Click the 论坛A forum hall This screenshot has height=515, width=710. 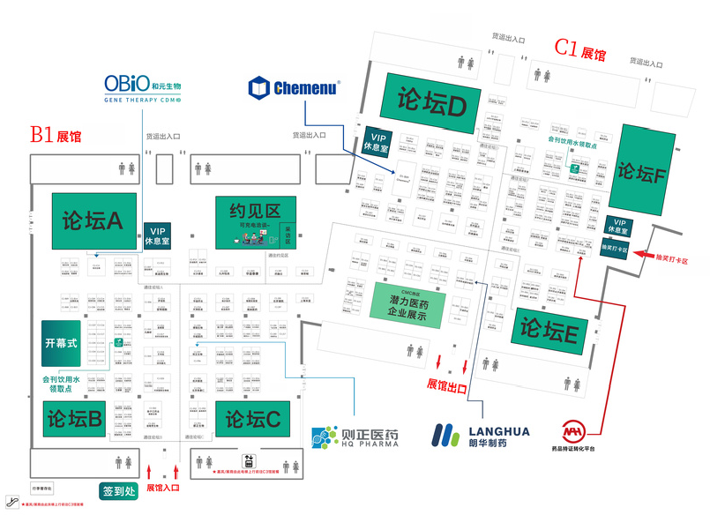pyautogui.click(x=93, y=220)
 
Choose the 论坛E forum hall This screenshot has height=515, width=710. pyautogui.click(x=548, y=331)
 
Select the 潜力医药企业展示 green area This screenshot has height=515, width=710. pyautogui.click(x=408, y=303)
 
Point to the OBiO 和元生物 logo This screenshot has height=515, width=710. pyautogui.click(x=142, y=89)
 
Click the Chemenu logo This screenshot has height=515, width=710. pyautogui.click(x=295, y=87)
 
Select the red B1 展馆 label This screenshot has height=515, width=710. pyautogui.click(x=55, y=135)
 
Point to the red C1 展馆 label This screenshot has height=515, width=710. pyautogui.click(x=579, y=50)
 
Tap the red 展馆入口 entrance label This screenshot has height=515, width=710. pyautogui.click(x=163, y=487)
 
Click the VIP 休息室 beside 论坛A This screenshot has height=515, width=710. pyautogui.click(x=158, y=235)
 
